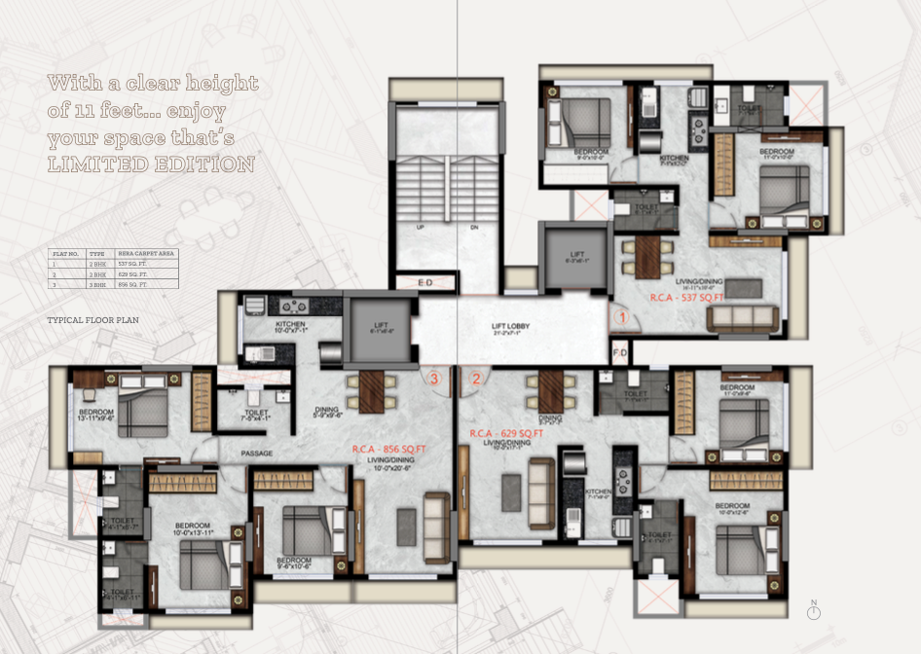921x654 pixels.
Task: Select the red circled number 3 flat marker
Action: coord(435,379)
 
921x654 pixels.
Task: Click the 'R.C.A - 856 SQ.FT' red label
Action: coord(389,449)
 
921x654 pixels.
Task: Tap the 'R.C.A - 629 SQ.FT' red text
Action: coord(506,433)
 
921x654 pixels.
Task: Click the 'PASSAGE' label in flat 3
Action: coord(257,454)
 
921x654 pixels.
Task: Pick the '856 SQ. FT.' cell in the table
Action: coord(133,285)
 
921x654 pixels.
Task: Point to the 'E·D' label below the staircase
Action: coord(425,283)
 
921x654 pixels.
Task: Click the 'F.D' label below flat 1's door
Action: coord(619,351)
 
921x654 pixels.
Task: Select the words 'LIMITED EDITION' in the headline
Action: coord(151,164)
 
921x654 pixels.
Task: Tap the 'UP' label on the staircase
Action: coord(420,227)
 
